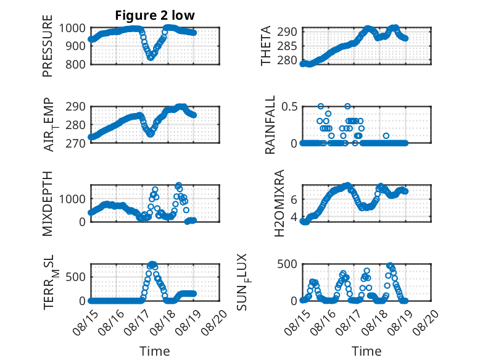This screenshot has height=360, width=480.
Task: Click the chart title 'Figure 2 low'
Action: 155,15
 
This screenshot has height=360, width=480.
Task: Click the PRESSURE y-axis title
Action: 48,46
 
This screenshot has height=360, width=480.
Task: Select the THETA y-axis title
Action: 266,46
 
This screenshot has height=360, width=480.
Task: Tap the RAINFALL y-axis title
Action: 270,125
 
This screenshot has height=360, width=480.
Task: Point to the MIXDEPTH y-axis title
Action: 48,203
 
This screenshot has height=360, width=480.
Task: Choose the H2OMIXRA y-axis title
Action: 279,203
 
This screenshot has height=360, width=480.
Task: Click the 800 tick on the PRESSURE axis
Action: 75,65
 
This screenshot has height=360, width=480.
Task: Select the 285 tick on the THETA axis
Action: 287,46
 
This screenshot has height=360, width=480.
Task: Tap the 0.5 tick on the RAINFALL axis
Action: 289,107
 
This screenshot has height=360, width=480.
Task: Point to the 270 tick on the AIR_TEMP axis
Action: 75,143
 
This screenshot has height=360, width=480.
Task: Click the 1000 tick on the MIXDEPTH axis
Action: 72,199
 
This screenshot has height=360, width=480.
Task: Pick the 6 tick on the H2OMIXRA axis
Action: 294,200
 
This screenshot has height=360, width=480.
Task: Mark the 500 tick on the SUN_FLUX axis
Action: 287,264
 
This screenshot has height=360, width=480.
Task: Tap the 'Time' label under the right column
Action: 366,351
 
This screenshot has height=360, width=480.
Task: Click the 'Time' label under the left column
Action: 155,351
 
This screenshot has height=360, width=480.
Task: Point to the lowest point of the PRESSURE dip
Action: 151,57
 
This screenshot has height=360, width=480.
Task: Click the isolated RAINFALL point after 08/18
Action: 386,136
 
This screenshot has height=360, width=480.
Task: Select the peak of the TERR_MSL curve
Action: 152,264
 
